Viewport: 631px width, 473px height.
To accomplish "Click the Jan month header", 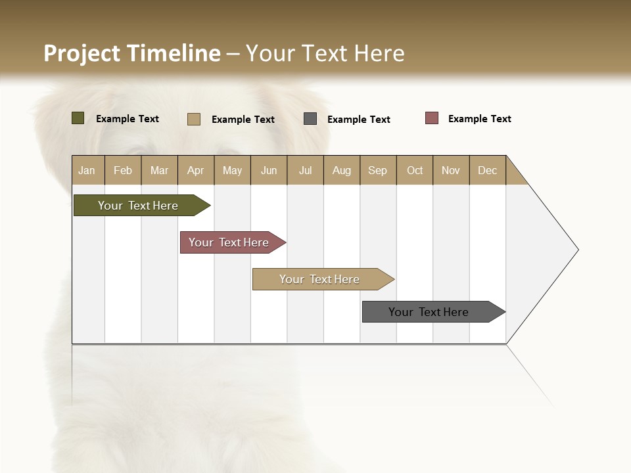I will coord(87,170).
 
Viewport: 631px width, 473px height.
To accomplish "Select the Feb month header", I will coord(123,170).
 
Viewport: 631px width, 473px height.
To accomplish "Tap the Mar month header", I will coord(159,170).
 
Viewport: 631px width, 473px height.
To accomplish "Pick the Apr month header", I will coord(196,170).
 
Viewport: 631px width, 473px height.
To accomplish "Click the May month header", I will coord(232,170).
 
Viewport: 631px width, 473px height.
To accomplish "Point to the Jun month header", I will coord(269,170).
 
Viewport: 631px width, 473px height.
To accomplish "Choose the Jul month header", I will coord(305,170).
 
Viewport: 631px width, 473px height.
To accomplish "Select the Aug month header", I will coord(342,170).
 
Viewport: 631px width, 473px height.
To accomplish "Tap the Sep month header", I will coord(378,170).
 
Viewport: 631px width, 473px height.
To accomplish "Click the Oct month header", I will coord(415,170).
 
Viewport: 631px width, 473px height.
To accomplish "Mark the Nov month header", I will coord(451,170).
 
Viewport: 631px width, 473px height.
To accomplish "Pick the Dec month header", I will coord(488,170).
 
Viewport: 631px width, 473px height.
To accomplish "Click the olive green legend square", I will coord(78,118).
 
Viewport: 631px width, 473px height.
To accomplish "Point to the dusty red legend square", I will coord(431,118).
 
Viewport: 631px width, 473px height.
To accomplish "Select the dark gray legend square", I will coord(310,119).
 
